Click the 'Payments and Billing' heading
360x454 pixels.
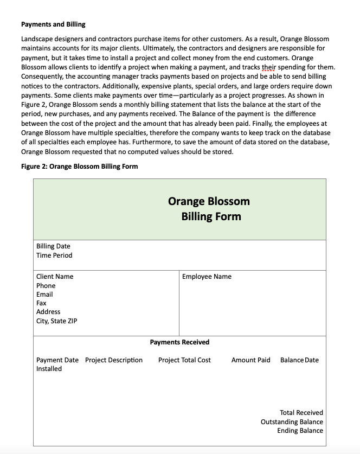(53, 24)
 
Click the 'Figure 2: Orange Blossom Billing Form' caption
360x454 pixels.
(79, 167)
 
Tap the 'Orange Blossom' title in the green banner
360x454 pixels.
(209, 201)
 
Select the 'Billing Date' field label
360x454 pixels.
(53, 246)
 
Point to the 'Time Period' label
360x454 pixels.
(54, 255)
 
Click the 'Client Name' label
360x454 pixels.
(55, 277)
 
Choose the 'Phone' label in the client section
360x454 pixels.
(46, 286)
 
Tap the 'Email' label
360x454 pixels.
(44, 295)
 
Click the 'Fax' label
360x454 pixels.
(41, 303)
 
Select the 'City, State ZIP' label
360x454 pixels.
(56, 321)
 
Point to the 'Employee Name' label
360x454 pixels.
(207, 277)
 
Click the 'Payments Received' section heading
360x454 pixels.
(179, 342)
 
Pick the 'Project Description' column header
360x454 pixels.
(114, 360)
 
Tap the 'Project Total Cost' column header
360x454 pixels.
(184, 360)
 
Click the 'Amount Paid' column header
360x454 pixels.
(250, 360)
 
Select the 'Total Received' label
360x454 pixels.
(301, 413)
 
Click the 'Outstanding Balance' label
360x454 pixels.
(292, 422)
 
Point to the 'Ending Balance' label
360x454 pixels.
(300, 431)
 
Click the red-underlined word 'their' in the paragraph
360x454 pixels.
(269, 67)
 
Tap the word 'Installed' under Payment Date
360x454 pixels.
(49, 369)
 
